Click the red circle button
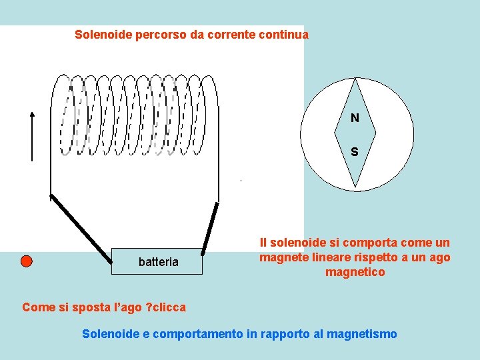click(26, 261)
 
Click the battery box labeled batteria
click(158, 262)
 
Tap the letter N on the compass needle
click(355, 118)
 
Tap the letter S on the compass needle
click(354, 152)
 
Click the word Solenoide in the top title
click(103, 34)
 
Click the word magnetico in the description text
click(355, 272)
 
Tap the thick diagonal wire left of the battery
click(81, 227)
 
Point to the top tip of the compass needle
click(355, 80)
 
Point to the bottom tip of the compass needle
click(355, 186)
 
